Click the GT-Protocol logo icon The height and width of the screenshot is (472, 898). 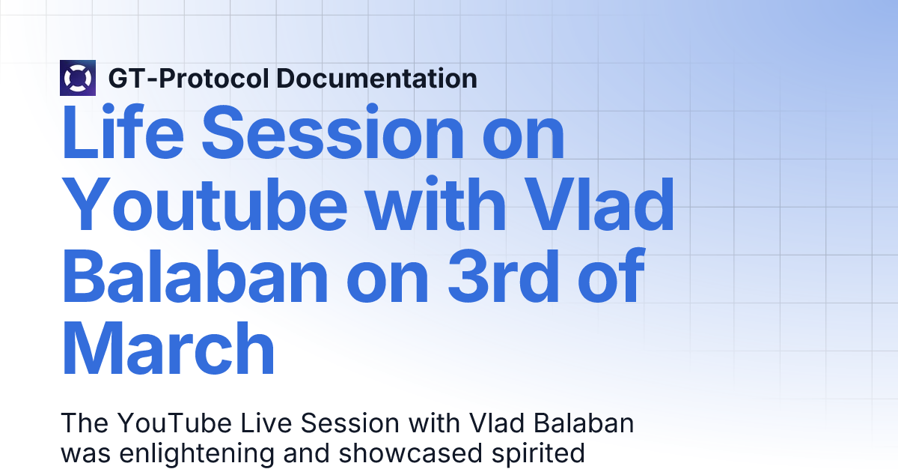pyautogui.click(x=78, y=78)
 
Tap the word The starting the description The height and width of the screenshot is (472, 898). pyautogui.click(x=85, y=423)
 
